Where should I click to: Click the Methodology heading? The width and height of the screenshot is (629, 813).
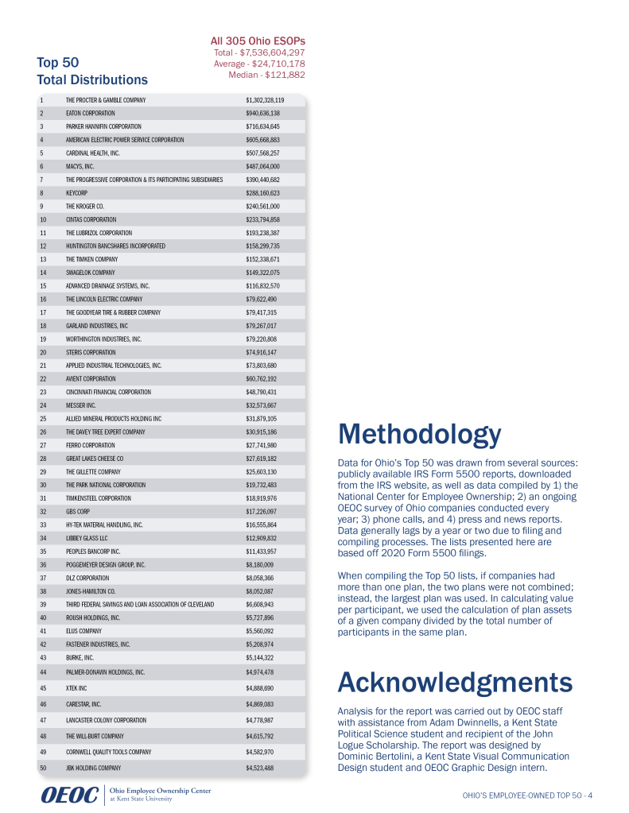419,435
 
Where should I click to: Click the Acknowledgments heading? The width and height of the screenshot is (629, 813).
455,682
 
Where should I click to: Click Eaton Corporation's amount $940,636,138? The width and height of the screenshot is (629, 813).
262,114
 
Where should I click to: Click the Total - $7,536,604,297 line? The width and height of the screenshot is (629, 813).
259,52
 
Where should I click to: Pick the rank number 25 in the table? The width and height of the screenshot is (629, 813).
43,418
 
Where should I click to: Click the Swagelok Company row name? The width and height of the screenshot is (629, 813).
91,273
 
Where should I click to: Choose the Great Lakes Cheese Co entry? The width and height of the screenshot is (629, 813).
94,459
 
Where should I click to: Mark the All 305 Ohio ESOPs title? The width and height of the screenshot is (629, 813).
258,41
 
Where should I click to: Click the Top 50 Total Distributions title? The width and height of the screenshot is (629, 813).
91,71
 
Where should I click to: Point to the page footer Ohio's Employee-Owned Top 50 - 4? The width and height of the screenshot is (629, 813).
528,796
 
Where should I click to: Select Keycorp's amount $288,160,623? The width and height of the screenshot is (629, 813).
262,192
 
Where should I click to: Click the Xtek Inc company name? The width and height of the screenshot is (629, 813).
80,687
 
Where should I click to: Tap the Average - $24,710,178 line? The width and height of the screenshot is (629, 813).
259,64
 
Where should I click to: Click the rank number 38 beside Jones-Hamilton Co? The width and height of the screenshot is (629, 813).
43,591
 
